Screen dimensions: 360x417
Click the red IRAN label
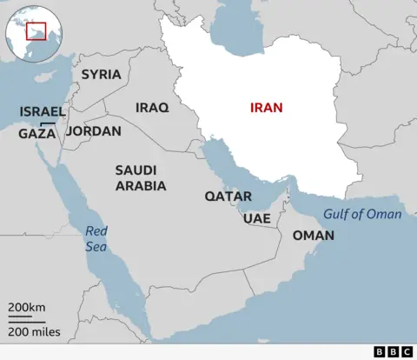[x=267, y=108]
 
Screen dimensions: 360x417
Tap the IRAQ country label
[x=151, y=108]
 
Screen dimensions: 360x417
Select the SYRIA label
[x=101, y=74]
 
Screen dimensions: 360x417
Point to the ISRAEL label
[x=42, y=113]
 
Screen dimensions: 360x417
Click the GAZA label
[x=36, y=134]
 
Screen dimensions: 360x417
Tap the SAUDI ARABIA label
[x=141, y=177]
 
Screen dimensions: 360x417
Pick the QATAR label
[x=228, y=197]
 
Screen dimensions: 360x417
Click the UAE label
[x=257, y=218]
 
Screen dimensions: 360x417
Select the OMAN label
[x=313, y=236]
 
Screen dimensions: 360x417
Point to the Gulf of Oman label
[x=362, y=215]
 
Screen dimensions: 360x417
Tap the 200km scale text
[x=27, y=308]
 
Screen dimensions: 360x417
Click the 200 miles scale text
[x=36, y=331]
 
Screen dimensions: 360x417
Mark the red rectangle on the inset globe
[x=36, y=31]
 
